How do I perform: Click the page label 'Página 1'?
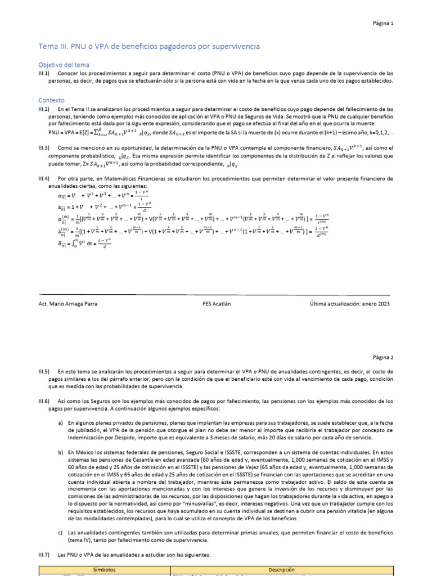tap(384, 24)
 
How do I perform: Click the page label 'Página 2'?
tap(384, 357)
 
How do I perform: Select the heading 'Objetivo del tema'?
tap(63, 65)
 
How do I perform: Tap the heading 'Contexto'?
tap(51, 100)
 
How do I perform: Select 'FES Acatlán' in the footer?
tap(217, 303)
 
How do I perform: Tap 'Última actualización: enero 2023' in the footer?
tap(350, 303)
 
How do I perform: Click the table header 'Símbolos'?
tap(104, 569)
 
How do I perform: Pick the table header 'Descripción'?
tap(281, 569)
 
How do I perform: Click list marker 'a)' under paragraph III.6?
tap(61, 422)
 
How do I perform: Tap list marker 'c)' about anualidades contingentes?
tap(61, 532)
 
